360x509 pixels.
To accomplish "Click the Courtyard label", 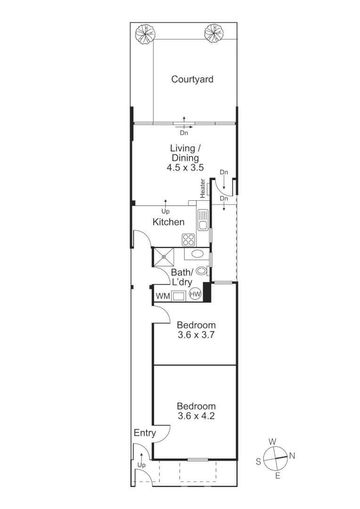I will click(192, 79).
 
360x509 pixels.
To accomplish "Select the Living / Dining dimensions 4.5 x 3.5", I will click(184, 167).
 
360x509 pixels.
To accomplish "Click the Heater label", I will click(203, 188).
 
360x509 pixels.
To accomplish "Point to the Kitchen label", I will click(168, 222).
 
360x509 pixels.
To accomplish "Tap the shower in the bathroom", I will click(164, 257).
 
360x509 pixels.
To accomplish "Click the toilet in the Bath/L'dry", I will click(202, 271).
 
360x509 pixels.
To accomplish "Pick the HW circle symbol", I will click(195, 295).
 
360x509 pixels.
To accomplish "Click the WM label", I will click(163, 296).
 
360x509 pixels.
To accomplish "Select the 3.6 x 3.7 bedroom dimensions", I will click(196, 336).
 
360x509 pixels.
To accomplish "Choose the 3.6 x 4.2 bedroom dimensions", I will click(196, 416).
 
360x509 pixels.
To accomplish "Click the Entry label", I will click(145, 433).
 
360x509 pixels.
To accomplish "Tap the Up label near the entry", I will click(141, 465).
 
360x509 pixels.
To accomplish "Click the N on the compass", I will click(292, 455).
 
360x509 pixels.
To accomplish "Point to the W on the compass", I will click(272, 442).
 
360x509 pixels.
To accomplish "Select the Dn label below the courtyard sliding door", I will click(184, 133).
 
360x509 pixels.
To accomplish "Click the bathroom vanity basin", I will click(197, 254).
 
